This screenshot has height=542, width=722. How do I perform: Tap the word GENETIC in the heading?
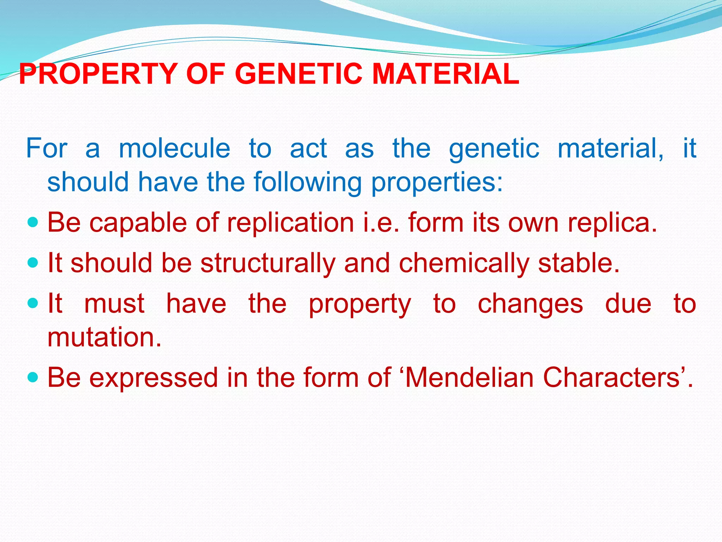(298, 74)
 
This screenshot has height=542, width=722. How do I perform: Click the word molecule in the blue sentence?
(175, 149)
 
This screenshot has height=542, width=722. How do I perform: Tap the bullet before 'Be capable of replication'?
(32, 223)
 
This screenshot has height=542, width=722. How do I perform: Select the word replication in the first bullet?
(290, 223)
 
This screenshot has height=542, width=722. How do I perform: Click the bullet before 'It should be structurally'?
(32, 263)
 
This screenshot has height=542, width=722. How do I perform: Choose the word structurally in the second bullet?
(268, 264)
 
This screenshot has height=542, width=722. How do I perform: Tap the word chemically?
(464, 264)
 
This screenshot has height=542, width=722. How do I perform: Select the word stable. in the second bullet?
(579, 263)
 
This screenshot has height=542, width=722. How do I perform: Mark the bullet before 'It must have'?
(32, 303)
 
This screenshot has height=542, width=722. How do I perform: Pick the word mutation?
(104, 337)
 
